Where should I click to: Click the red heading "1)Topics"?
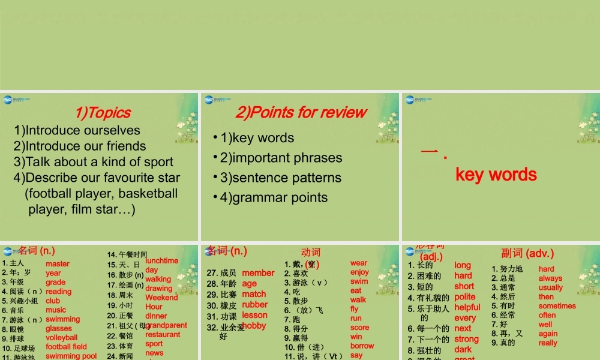(x=103, y=112)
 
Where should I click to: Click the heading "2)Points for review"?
(x=301, y=112)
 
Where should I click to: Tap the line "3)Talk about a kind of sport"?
(x=94, y=162)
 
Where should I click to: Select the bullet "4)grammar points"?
(x=274, y=197)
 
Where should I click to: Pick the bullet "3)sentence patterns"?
(x=281, y=178)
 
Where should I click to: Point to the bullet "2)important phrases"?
(x=281, y=158)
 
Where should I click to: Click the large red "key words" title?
(x=496, y=175)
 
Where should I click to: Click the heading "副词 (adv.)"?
(x=527, y=253)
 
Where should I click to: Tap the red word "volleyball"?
(x=62, y=338)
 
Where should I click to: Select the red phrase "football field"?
(x=66, y=347)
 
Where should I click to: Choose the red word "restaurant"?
(x=163, y=335)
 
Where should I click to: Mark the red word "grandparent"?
(x=166, y=325)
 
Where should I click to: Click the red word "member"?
(x=258, y=273)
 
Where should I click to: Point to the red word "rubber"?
(x=255, y=304)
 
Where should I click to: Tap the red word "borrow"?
(x=362, y=346)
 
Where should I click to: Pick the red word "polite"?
(x=465, y=296)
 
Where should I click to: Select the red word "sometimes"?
(x=557, y=306)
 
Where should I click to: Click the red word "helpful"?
(x=467, y=307)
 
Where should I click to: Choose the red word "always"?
(x=550, y=278)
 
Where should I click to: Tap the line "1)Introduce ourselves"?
(x=77, y=130)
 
